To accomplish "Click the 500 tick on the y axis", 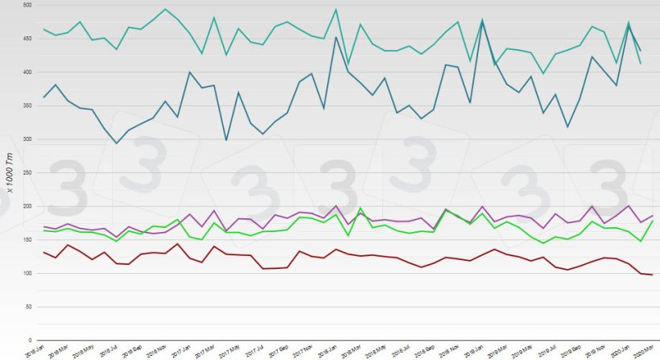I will point(26,6).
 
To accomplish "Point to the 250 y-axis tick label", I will point(26,173).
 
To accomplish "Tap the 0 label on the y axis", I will point(31,341).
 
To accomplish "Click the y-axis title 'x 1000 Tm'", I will point(10,173).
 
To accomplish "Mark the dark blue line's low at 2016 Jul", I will point(117,143).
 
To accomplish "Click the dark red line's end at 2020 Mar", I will point(651,275).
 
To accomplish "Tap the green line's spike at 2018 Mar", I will point(360,209).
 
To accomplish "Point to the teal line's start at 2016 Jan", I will point(43,30).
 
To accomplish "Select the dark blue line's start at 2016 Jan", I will point(43,97).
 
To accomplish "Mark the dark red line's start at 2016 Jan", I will point(43,252).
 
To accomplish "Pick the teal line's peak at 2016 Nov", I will point(165,10).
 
